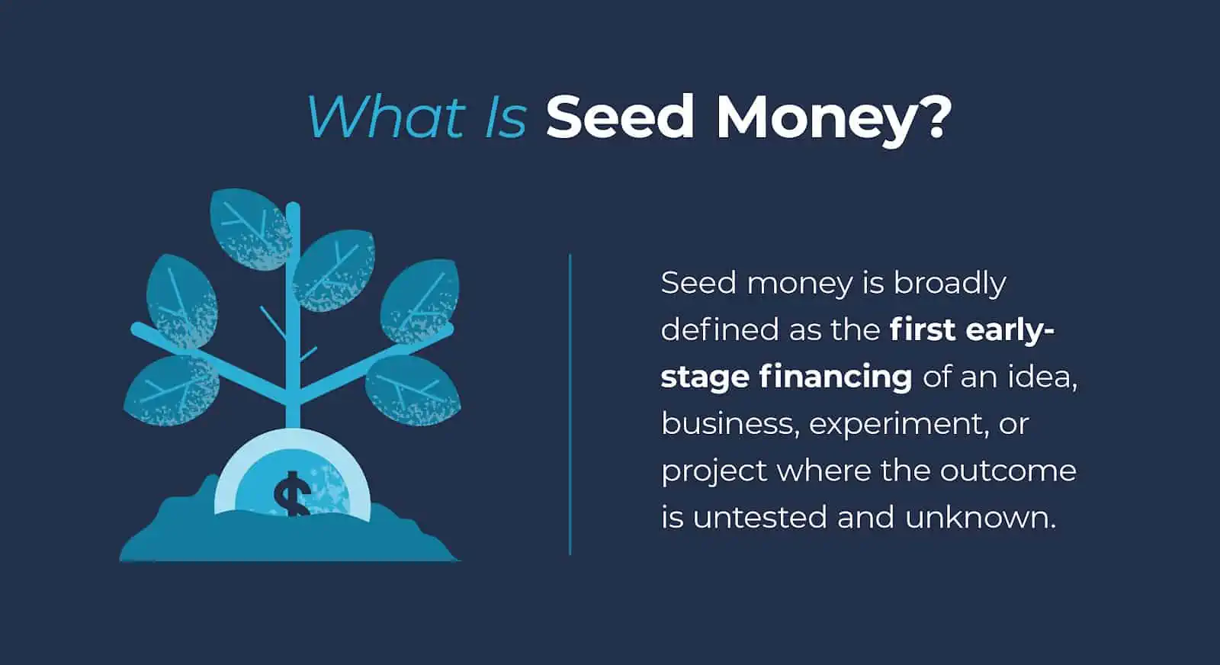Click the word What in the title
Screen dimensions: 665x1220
pyautogui.click(x=385, y=117)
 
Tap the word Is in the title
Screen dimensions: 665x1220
pyautogui.click(x=506, y=117)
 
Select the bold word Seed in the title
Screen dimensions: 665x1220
pyautogui.click(x=620, y=117)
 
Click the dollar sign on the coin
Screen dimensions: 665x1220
pyautogui.click(x=292, y=493)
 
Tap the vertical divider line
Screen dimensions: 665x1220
pyautogui.click(x=570, y=404)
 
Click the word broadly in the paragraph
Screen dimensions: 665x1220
pyautogui.click(x=950, y=284)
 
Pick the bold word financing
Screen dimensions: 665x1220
pyautogui.click(x=836, y=377)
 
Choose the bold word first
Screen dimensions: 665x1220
pyautogui.click(x=922, y=330)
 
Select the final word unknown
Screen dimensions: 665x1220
pyautogui.click(x=980, y=518)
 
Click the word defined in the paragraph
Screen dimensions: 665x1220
pyautogui.click(x=719, y=330)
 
